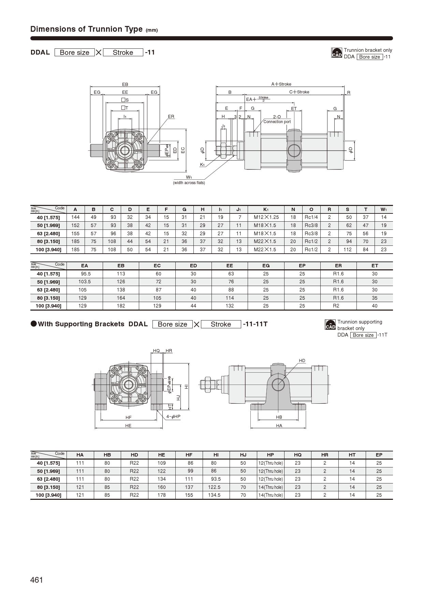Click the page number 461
37,580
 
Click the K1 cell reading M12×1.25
266,217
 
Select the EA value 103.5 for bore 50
84,282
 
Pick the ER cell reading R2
336,306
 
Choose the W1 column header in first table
383,209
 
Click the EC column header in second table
157,266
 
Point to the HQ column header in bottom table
297,455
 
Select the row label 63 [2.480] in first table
48,234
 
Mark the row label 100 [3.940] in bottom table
48,495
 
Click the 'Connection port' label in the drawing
277,122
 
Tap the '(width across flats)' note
189,183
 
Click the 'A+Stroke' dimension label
281,84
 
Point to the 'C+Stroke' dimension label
299,92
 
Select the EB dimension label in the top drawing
125,84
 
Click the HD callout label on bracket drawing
302,360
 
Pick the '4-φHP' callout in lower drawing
173,417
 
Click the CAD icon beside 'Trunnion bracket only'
337,53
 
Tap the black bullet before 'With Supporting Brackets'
33,324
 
